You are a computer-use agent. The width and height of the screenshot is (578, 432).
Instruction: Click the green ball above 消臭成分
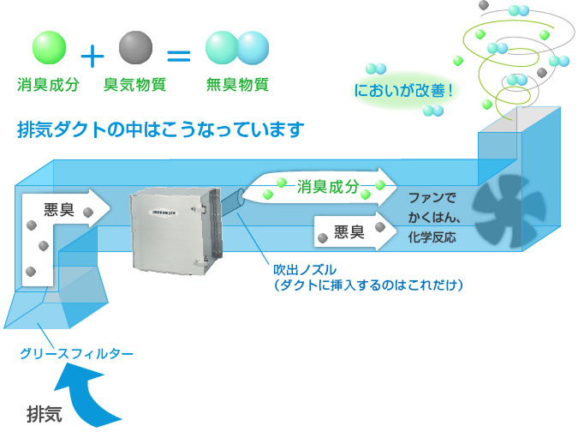(48, 48)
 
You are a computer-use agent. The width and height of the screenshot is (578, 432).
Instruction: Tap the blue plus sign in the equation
(92, 57)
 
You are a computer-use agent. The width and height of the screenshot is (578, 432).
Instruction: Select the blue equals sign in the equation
(178, 57)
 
